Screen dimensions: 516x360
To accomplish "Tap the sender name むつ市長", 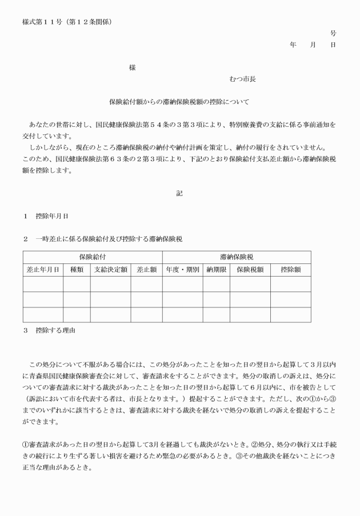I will (242, 78).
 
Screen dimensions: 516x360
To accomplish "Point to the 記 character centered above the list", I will (179, 193).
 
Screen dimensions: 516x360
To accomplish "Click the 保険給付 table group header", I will (93, 257).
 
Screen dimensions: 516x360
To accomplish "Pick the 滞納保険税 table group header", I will (237, 257).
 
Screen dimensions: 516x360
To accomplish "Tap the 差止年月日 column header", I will (43, 270).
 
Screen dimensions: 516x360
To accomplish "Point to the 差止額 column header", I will (146, 270).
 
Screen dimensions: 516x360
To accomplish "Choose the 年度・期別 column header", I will (182, 270).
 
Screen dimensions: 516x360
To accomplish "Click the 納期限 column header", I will (216, 270).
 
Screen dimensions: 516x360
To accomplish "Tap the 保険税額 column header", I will (250, 270).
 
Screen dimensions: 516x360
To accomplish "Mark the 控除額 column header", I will (290, 270).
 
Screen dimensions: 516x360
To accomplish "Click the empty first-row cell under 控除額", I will (290, 284).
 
